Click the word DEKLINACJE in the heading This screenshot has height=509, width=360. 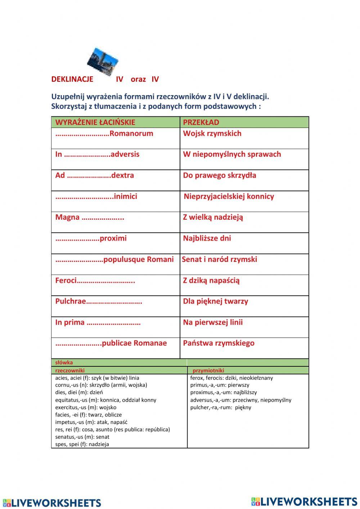72,79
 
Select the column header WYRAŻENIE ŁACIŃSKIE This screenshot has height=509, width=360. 95,122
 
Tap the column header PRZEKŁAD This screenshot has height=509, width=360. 201,122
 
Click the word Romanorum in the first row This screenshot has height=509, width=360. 131,134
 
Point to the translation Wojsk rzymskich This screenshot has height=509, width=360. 212,134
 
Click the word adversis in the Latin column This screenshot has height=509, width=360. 125,155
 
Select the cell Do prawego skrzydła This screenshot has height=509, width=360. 220,175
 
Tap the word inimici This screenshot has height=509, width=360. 125,197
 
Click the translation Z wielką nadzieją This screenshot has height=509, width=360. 213,217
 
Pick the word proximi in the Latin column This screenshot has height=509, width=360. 113,238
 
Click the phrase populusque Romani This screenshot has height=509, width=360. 138,259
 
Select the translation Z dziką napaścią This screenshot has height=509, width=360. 211,281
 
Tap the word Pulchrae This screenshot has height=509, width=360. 71,302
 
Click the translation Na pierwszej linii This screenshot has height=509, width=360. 213,322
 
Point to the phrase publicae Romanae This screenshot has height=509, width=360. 134,343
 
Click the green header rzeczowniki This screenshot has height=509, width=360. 70,370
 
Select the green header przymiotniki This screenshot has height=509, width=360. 208,370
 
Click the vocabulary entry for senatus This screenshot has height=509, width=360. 82,437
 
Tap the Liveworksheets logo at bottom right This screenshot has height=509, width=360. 304,501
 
